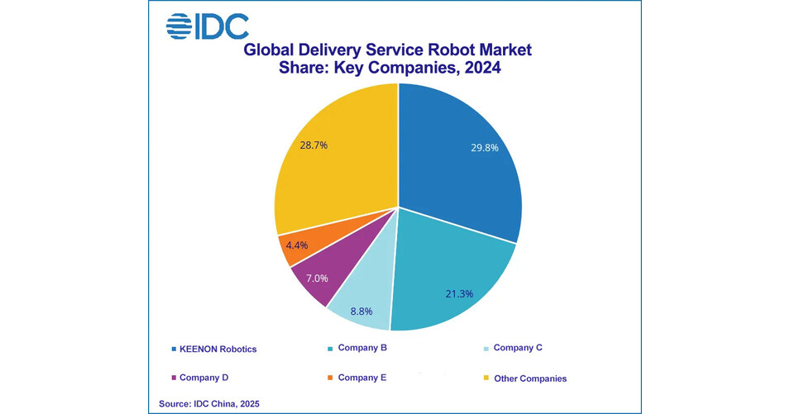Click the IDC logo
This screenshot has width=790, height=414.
coord(207,26)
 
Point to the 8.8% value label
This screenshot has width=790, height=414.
coord(361,312)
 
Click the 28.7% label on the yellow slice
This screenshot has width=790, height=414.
coord(314,145)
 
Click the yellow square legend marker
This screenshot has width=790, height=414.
coord(486,378)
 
